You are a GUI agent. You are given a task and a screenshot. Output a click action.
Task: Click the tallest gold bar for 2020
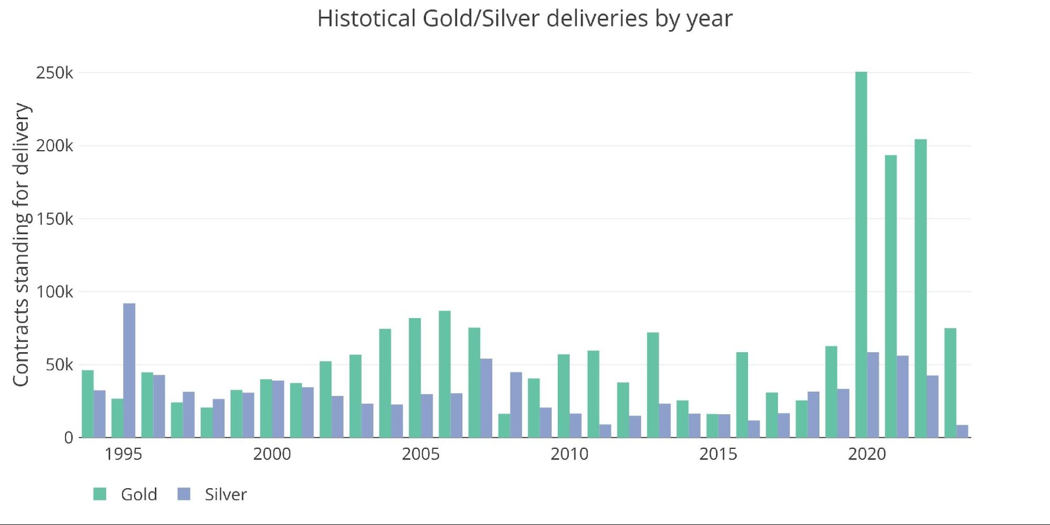861,255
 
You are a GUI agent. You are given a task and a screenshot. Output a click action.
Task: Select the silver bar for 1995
129,370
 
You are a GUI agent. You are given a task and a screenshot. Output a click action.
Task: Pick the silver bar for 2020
873,395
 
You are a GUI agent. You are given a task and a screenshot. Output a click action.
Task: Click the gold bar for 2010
564,396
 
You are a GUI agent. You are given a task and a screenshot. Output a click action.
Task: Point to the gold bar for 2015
712,426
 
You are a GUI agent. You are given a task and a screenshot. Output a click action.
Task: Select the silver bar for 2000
278,409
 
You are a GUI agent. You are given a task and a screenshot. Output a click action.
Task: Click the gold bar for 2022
920,288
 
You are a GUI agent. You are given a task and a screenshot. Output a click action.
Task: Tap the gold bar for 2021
891,296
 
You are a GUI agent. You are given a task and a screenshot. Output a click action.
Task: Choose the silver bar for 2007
486,398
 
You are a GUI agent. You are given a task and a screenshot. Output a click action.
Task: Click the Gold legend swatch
100,494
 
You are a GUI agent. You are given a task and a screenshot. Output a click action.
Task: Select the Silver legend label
225,495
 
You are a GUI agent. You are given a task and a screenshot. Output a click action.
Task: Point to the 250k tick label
55,73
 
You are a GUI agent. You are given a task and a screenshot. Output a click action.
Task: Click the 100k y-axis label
55,292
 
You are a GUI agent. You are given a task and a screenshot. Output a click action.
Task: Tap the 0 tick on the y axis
69,438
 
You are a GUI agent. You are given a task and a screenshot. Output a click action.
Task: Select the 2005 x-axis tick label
420,454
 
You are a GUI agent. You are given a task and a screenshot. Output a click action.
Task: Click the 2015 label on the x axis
718,454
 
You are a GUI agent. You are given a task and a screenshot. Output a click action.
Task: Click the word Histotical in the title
366,19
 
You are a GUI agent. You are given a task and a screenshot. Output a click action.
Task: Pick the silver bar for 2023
962,431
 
